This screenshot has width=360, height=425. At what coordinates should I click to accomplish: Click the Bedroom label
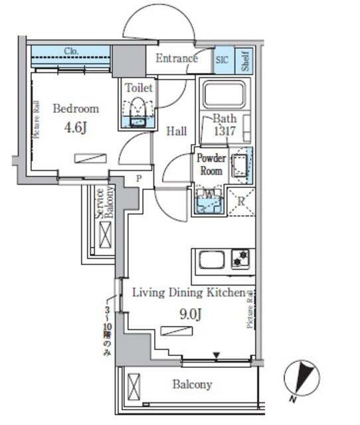(x=76, y=108)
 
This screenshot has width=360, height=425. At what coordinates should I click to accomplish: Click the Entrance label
(x=177, y=58)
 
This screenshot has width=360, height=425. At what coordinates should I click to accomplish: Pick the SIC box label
(x=222, y=60)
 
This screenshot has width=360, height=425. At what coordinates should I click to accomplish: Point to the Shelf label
(x=245, y=60)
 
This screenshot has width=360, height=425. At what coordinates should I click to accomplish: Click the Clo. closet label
(x=71, y=51)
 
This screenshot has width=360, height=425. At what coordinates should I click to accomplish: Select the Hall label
(x=176, y=131)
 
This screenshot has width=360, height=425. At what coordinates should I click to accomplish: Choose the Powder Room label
(x=211, y=164)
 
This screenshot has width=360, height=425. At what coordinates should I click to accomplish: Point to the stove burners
(x=240, y=259)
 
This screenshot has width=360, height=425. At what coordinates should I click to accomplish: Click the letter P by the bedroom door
(x=139, y=179)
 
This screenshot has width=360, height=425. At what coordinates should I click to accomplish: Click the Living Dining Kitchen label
(x=189, y=292)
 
